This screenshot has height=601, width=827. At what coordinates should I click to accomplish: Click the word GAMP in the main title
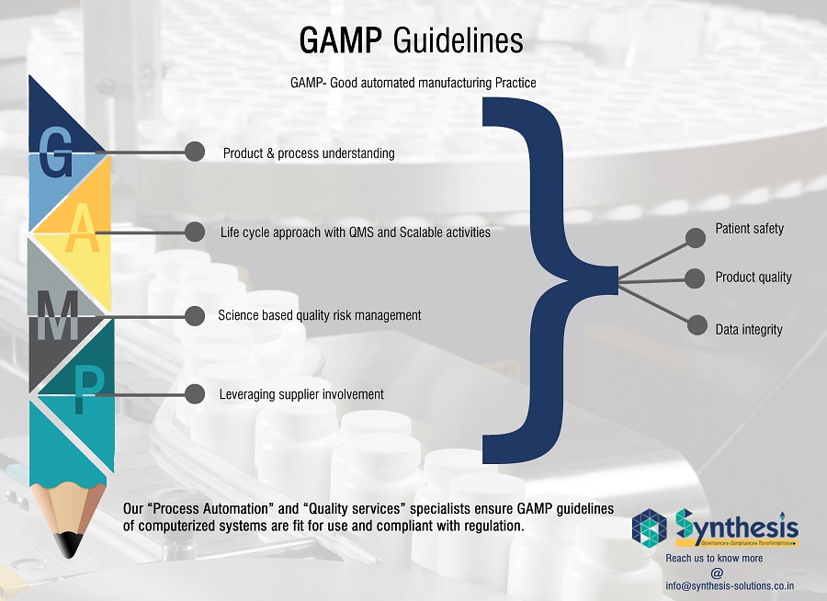(341, 41)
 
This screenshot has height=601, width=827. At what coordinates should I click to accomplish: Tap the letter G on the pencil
(56, 153)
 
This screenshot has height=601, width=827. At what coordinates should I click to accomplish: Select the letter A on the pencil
(83, 232)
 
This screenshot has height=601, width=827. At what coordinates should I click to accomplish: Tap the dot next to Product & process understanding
(194, 153)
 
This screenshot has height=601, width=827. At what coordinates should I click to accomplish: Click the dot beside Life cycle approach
(194, 232)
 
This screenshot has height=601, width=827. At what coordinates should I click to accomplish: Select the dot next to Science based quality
(194, 315)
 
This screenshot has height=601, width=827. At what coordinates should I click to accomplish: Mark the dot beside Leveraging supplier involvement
(194, 394)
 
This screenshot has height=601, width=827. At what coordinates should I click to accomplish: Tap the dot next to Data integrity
(698, 326)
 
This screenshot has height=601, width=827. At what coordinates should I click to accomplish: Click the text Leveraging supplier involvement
(301, 394)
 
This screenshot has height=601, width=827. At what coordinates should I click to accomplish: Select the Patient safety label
(750, 228)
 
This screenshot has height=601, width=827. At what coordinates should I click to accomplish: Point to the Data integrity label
(749, 329)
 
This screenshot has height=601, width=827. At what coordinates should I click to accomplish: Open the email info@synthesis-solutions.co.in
(730, 585)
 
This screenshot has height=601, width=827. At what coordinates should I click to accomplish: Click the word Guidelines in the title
(458, 41)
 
